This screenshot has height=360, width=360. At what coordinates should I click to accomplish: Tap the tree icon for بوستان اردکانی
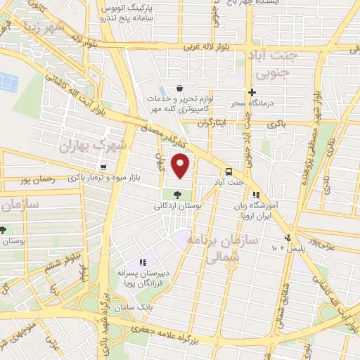click(x=176, y=195)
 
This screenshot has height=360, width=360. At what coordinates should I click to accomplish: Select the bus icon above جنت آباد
click(x=229, y=172)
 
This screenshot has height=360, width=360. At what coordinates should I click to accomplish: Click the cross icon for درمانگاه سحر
click(x=252, y=92)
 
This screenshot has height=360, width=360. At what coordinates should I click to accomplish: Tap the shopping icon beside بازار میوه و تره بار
click(x=103, y=167)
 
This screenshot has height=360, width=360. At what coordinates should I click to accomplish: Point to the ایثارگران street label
click(x=214, y=122)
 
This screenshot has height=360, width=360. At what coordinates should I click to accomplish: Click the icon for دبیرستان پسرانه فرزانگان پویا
click(x=143, y=262)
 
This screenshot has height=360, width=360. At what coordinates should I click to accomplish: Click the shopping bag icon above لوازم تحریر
click(x=180, y=89)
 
